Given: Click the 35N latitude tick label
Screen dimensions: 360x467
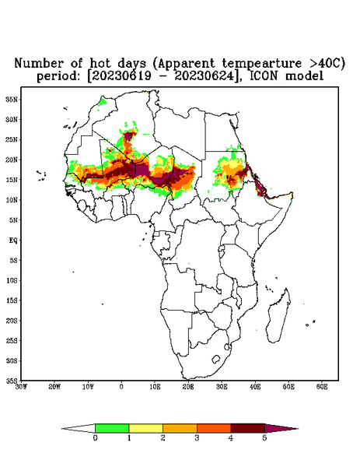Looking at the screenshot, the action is pos(12,100).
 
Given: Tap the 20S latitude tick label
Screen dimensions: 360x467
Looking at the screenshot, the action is pos(12,321).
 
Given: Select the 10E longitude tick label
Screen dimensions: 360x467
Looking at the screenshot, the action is pos(155,387).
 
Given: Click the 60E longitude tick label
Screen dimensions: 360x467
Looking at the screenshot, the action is pos(322,387).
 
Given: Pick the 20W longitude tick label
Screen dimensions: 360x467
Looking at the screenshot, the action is pos(54,387).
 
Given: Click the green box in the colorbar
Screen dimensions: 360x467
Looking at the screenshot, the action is pos(112,428).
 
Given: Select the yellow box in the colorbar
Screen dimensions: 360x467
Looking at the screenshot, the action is pos(145,428).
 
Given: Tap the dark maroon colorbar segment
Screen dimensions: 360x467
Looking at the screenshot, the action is pos(248,428).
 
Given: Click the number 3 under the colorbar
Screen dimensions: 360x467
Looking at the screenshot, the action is pos(197,438).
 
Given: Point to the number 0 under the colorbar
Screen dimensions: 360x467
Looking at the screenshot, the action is pos(95,438).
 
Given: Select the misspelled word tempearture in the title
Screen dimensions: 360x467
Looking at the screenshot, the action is pos(257,64).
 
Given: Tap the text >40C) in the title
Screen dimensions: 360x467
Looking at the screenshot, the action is pos(324,64).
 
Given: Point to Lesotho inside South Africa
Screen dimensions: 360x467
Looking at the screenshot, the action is pos(215,359).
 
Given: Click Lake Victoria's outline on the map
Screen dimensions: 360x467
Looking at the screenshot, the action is pos(221,248).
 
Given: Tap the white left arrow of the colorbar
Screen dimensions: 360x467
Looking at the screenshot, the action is pos(78,428).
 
